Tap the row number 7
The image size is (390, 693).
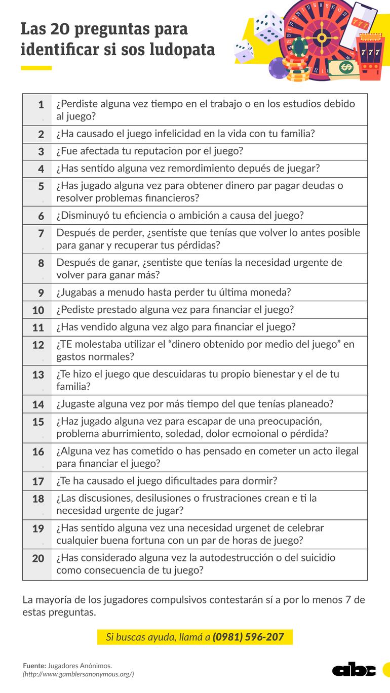click(x=41, y=233)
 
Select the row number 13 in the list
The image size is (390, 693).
click(x=38, y=375)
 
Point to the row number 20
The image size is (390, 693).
click(x=38, y=558)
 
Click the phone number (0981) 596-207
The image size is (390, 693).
click(x=248, y=636)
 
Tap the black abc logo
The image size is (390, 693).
click(x=354, y=670)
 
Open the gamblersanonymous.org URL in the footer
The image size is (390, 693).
click(x=79, y=674)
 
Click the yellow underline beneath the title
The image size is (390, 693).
click(x=36, y=68)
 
